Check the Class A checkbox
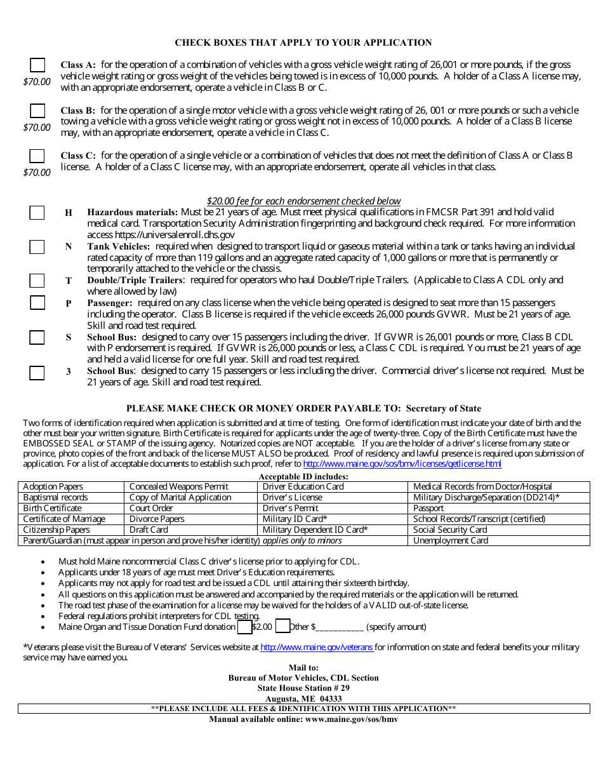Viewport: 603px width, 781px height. tap(37, 65)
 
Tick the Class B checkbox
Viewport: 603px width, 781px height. tap(37, 110)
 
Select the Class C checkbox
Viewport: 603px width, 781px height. tap(37, 156)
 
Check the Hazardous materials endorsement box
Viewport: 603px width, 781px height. tap(37, 213)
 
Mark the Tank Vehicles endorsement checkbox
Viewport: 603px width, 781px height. tap(37, 247)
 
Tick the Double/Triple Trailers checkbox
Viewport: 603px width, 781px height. tap(37, 281)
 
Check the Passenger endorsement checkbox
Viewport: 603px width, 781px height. tap(37, 303)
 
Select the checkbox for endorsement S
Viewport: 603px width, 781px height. tap(37, 337)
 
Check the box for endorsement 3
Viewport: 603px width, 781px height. tap(37, 372)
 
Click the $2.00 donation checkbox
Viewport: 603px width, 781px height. tap(244, 627)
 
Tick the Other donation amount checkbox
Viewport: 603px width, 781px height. tap(282, 627)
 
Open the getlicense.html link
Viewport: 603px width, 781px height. tap(402, 464)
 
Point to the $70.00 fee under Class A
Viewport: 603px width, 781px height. tap(37, 82)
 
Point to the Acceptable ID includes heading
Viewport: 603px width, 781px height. tap(303, 476)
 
